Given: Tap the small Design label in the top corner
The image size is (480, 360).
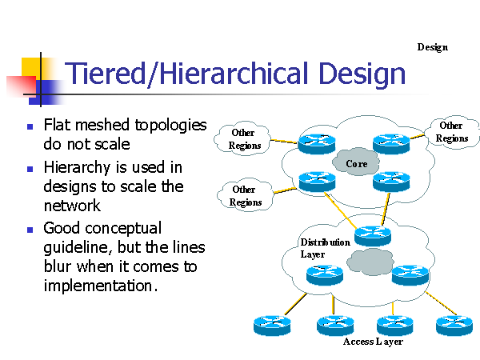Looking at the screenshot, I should (x=432, y=47).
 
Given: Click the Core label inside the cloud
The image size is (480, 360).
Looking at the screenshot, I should (x=356, y=164).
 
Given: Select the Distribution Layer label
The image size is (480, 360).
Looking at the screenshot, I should (x=324, y=248).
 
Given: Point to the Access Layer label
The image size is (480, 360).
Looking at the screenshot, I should (x=372, y=342).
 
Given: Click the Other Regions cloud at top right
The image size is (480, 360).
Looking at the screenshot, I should (x=451, y=132).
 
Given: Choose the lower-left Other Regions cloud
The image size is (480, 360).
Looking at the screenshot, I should (x=244, y=195).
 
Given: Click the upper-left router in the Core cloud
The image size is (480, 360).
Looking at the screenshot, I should (x=314, y=145).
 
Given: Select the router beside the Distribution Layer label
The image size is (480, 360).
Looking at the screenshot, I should (x=372, y=235).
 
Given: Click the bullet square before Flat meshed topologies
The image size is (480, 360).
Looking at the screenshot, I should (x=30, y=126).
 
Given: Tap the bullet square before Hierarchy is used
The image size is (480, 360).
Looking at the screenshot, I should (x=30, y=169).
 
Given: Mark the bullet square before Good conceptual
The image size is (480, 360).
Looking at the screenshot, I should (x=30, y=229).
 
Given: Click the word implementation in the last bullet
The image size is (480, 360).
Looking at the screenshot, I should (x=98, y=286).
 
